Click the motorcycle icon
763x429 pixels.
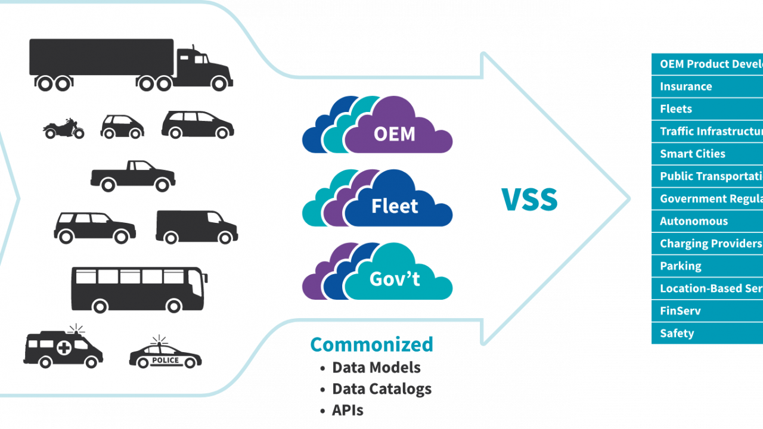[63, 128]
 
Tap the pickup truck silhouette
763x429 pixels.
[133, 176]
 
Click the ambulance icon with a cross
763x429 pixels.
[63, 349]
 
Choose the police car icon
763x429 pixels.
[165, 355]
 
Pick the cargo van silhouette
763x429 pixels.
[196, 227]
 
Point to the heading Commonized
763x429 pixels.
[371, 344]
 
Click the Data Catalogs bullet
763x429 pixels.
[381, 389]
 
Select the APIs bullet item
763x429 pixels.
[348, 411]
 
